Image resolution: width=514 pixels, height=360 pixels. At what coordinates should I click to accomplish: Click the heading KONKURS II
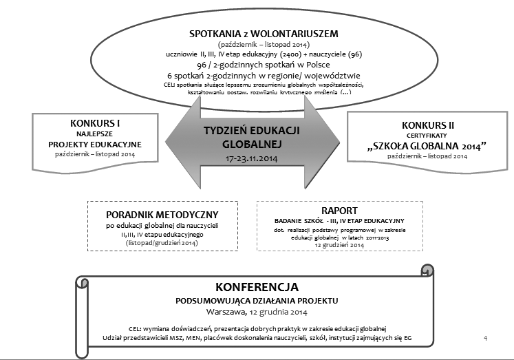(427, 125)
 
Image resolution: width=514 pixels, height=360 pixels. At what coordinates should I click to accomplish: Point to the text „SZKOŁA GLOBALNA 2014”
(427, 146)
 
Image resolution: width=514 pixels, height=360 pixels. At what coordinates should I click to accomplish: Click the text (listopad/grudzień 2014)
(152, 243)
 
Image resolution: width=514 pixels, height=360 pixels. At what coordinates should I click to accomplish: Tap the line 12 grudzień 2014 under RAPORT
(335, 245)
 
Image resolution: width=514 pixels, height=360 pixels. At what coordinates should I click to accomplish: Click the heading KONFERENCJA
(256, 286)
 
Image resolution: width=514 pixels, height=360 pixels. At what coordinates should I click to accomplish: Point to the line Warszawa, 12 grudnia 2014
(256, 311)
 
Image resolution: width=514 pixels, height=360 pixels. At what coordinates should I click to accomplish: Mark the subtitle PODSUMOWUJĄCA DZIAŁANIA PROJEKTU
(256, 300)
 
